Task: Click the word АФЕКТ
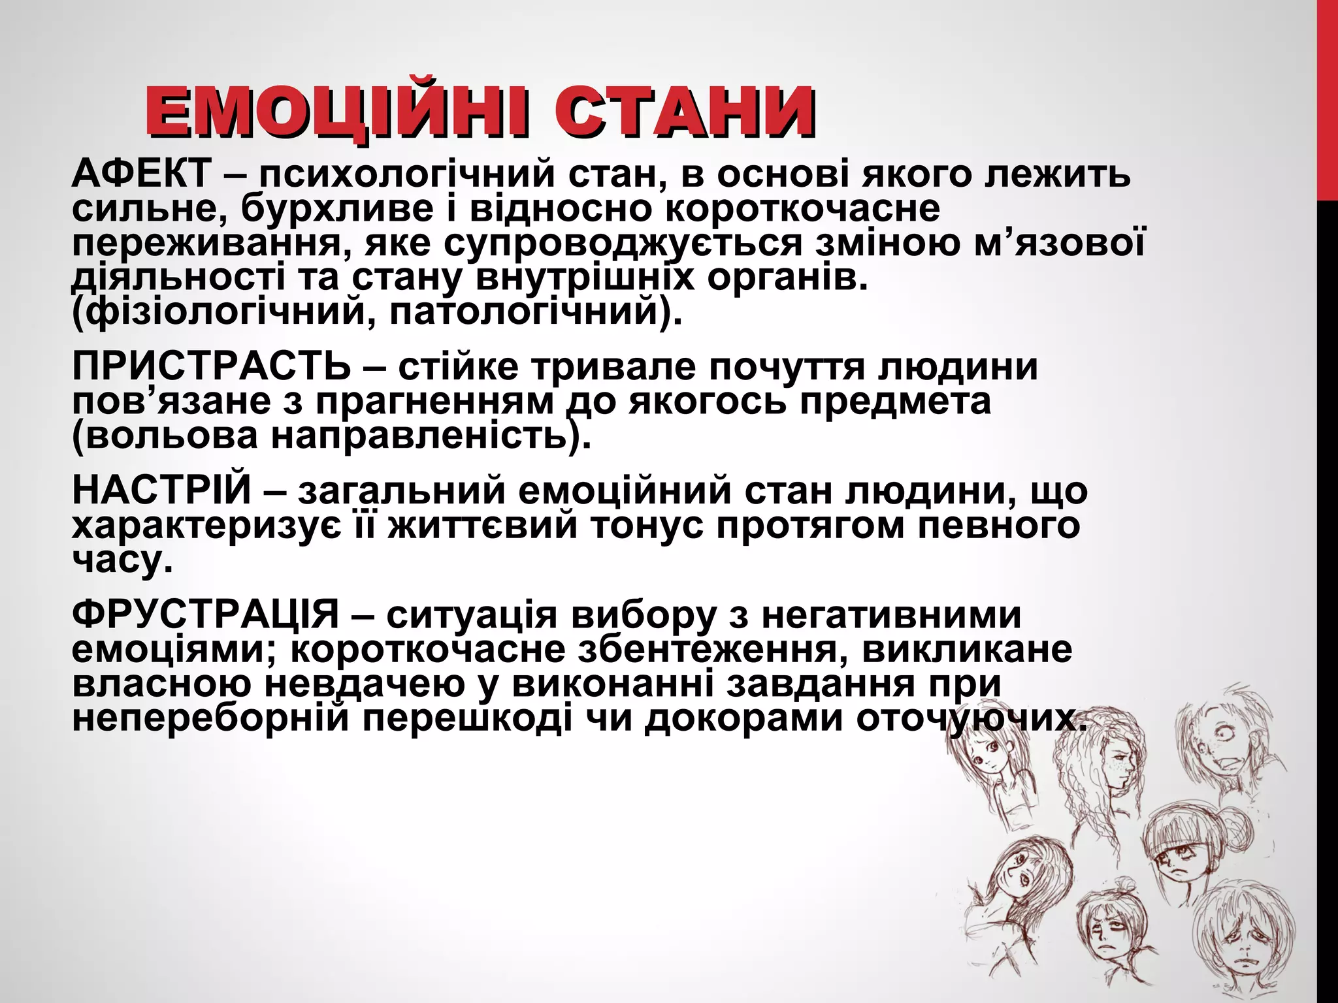pos(141,174)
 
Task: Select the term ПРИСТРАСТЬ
pos(212,367)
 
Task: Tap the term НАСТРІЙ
pos(161,490)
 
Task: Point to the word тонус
pos(647,525)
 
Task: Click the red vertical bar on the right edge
pos(1327,98)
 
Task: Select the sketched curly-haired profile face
pos(1111,771)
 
